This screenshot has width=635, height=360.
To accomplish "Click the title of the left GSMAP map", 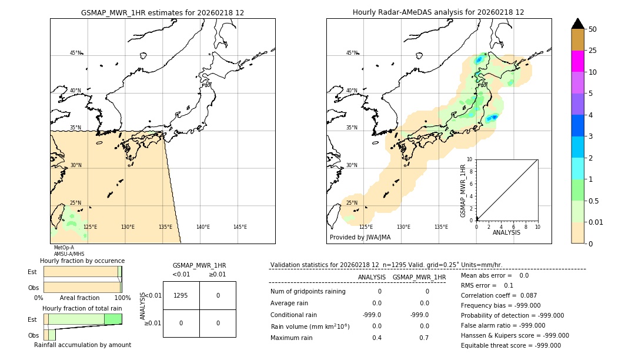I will click(x=162, y=12).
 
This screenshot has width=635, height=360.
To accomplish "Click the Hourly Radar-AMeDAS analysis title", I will click(x=438, y=12).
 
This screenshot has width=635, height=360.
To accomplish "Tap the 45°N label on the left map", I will click(x=75, y=53).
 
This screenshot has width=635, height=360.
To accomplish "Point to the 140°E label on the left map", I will click(x=203, y=227).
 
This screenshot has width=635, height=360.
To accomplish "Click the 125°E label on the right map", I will click(x=366, y=227).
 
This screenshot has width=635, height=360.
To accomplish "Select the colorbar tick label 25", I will click(x=593, y=51).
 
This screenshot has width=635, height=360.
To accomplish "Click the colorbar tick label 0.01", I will click(x=596, y=222).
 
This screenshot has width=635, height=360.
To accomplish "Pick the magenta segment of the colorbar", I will click(x=577, y=61).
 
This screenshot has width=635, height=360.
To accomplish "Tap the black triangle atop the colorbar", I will click(x=577, y=24).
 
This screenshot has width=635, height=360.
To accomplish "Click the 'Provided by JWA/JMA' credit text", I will click(x=360, y=238).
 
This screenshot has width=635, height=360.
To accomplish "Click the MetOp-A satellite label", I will click(x=63, y=248).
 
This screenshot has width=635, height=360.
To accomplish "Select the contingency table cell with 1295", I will click(x=181, y=295).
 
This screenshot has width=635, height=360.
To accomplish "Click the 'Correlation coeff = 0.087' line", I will click(x=499, y=295).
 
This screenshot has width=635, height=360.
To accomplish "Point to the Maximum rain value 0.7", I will click(x=425, y=338).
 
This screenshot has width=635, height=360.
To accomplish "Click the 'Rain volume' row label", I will click(x=310, y=326).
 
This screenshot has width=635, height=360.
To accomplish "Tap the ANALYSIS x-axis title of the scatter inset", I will click(x=506, y=232).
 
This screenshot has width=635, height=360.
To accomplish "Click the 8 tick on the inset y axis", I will click(x=469, y=171).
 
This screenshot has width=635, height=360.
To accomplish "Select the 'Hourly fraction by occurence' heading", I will click(x=82, y=261).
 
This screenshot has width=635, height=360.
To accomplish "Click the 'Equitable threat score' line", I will click(x=510, y=345).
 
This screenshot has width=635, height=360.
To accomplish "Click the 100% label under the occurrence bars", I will click(x=122, y=298).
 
